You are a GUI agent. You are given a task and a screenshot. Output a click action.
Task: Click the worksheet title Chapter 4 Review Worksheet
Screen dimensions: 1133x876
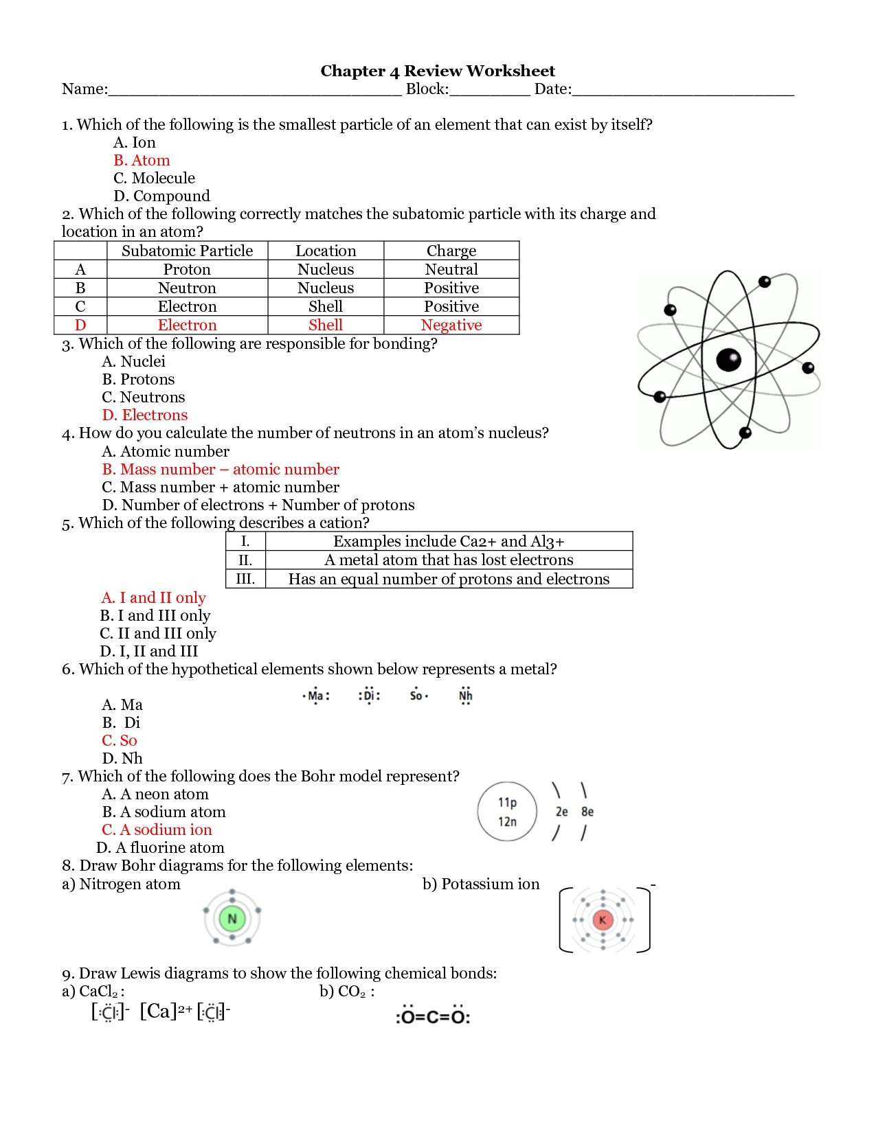pyautogui.click(x=438, y=71)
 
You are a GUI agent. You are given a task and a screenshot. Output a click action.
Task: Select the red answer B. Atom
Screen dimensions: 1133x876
pyautogui.click(x=142, y=160)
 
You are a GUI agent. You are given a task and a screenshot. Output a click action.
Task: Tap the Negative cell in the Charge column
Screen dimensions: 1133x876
pyautogui.click(x=451, y=325)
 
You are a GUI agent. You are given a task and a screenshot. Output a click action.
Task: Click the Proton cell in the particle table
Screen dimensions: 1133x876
pyautogui.click(x=187, y=269)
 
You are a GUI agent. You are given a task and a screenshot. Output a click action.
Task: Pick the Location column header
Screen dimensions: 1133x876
pyautogui.click(x=326, y=251)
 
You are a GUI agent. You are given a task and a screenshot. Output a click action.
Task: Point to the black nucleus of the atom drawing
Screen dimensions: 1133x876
pyautogui.click(x=728, y=359)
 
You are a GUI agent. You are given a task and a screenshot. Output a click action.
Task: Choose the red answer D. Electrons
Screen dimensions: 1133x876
pyautogui.click(x=145, y=415)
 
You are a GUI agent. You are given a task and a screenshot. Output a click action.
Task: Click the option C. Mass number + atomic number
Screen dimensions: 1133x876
pyautogui.click(x=221, y=487)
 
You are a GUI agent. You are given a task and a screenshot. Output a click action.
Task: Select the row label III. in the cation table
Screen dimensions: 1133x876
pyautogui.click(x=245, y=579)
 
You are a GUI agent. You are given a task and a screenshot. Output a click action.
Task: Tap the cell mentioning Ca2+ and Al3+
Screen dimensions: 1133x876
pyautogui.click(x=449, y=541)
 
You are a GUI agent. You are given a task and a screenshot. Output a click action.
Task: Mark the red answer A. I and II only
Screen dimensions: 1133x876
pyautogui.click(x=153, y=597)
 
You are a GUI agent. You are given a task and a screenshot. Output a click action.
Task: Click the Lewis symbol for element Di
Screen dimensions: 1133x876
pyautogui.click(x=369, y=696)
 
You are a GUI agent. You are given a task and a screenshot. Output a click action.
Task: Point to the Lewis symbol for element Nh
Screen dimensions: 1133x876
pyautogui.click(x=465, y=696)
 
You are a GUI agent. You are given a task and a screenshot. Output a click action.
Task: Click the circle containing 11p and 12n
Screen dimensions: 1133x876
pyautogui.click(x=507, y=812)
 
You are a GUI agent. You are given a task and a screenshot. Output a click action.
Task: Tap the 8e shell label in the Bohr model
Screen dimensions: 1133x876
pyautogui.click(x=587, y=812)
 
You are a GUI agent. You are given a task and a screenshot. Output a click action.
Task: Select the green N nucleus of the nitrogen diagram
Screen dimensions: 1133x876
pyautogui.click(x=232, y=919)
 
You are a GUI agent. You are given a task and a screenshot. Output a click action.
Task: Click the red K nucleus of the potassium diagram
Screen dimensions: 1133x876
pyautogui.click(x=603, y=920)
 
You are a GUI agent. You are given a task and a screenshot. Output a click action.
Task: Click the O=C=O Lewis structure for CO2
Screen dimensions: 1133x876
pyautogui.click(x=433, y=1016)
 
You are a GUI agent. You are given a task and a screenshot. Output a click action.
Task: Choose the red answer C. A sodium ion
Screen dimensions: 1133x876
pyautogui.click(x=157, y=829)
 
